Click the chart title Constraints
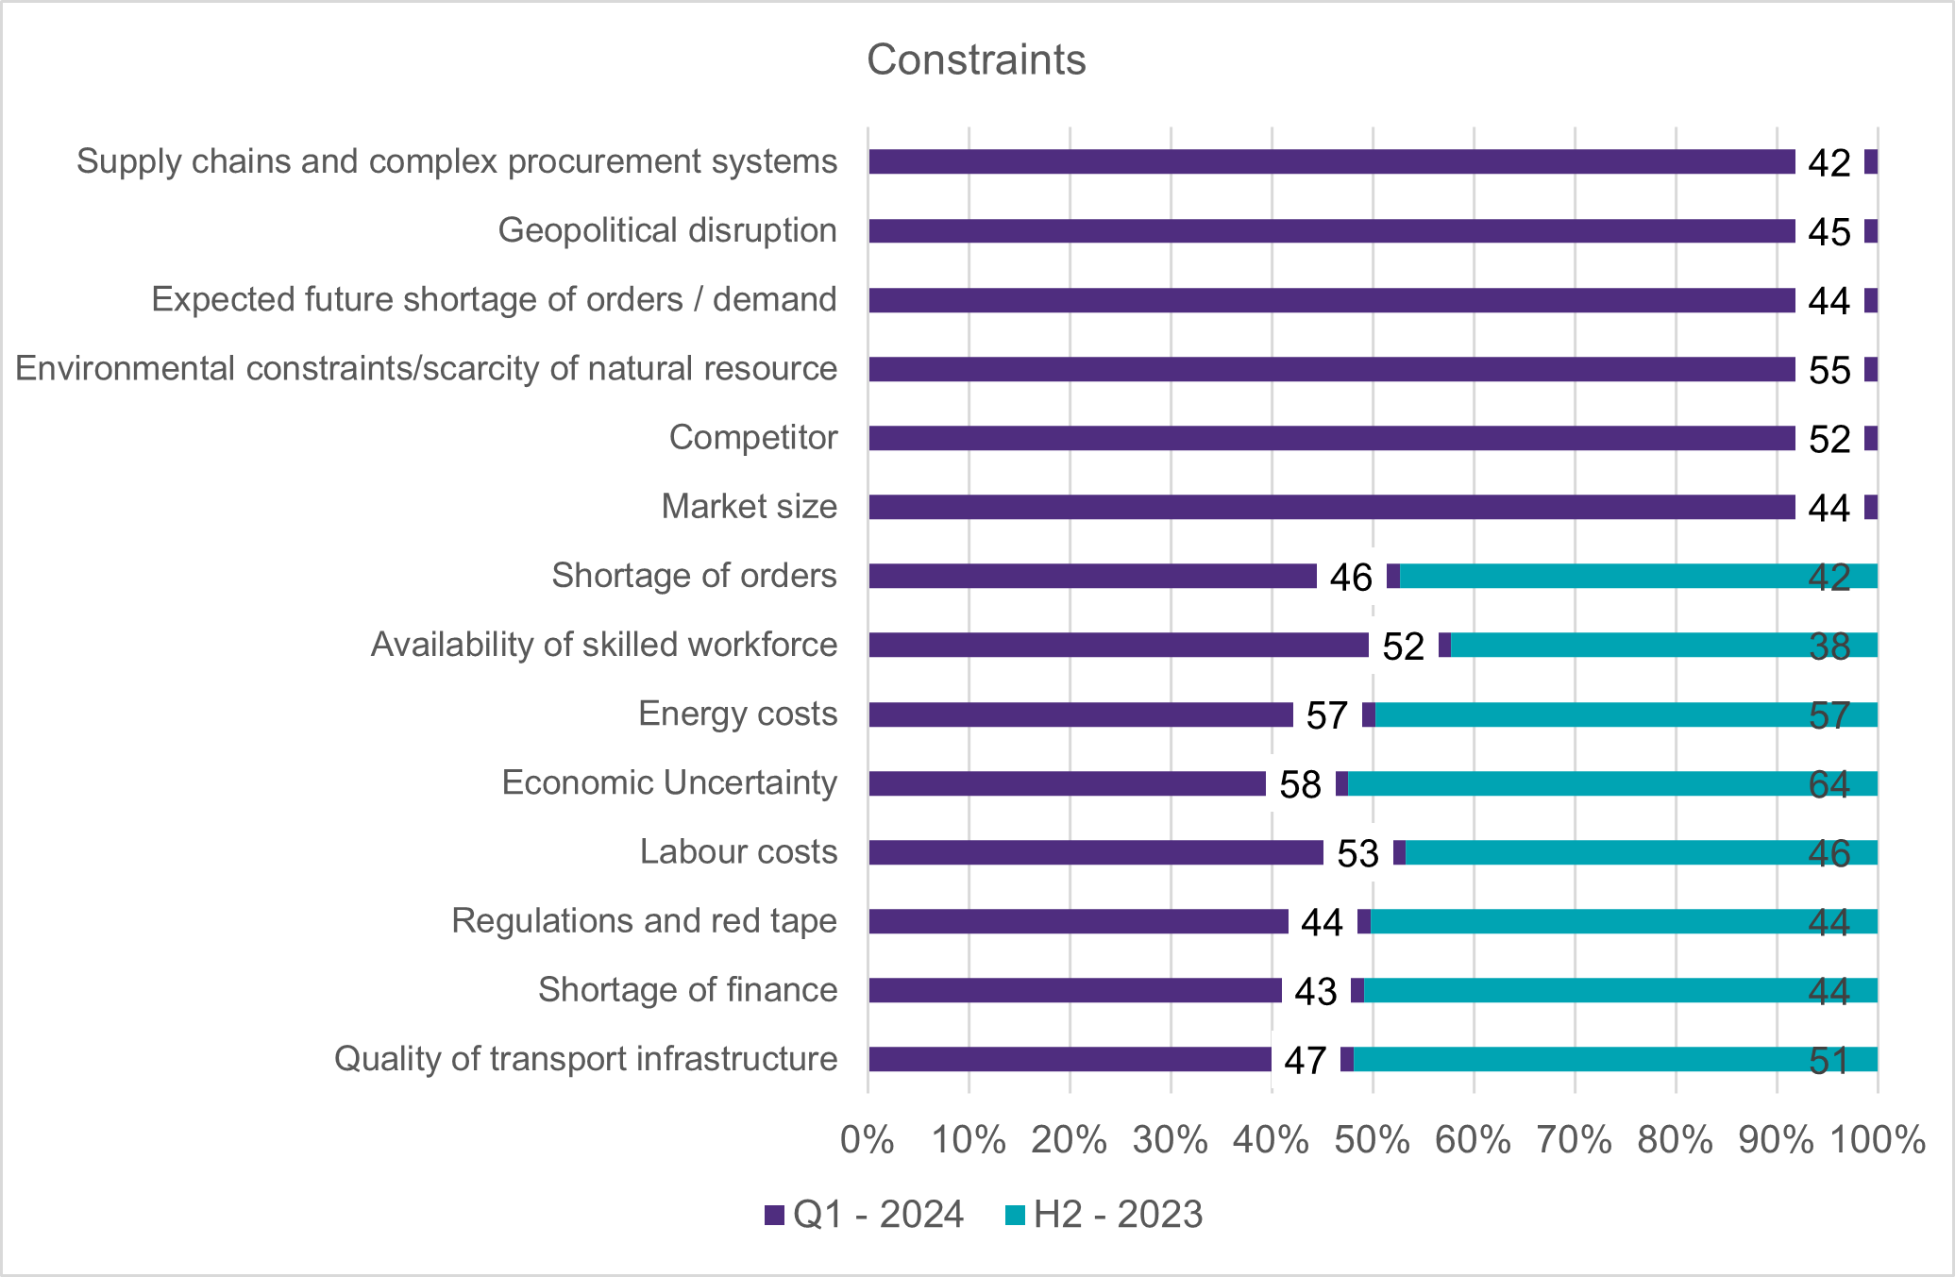click(976, 59)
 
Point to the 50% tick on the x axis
click(1373, 1140)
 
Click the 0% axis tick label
click(868, 1140)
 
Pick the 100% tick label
click(1877, 1140)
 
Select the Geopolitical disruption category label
click(667, 230)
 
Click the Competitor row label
click(752, 437)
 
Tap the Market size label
click(749, 506)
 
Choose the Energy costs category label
click(737, 714)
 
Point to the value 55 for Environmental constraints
click(1829, 370)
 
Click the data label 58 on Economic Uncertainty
click(1300, 784)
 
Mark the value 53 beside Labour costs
click(1357, 853)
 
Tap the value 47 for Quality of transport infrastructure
click(1305, 1060)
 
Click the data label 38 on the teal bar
click(1829, 647)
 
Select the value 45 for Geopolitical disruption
click(1829, 232)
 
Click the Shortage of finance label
click(687, 989)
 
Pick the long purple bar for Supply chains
click(1331, 161)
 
